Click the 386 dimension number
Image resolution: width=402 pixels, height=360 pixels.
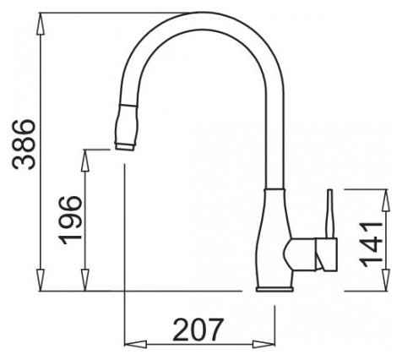click(24, 145)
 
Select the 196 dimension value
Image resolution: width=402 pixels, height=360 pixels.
click(70, 220)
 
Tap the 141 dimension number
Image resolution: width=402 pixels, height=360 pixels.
click(372, 244)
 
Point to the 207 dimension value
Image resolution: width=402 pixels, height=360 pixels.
click(198, 330)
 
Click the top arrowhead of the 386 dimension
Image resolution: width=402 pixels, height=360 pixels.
click(41, 24)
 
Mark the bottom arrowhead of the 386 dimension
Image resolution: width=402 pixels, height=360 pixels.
click(41, 280)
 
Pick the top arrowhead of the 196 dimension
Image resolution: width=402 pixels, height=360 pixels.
click(85, 161)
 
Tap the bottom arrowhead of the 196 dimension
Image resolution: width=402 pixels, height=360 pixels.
click(85, 280)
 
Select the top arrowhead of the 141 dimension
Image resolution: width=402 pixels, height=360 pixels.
click(385, 200)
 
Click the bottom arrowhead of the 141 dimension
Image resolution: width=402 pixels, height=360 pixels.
click(385, 280)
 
